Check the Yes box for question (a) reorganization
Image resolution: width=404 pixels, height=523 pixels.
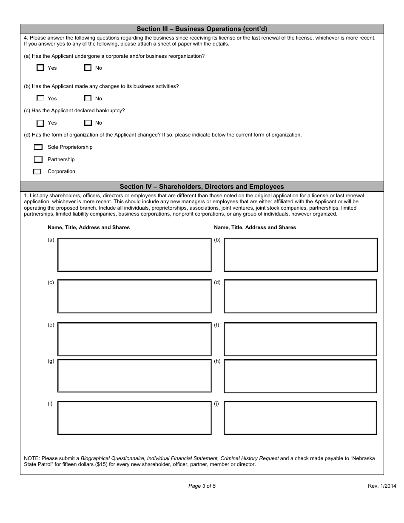pos(40,68)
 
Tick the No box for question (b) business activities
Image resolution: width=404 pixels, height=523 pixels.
pos(88,98)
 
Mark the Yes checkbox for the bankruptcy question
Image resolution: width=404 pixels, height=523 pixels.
pos(40,123)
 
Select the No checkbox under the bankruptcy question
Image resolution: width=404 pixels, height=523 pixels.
pos(88,123)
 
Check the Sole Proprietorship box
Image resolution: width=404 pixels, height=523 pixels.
pos(38,147)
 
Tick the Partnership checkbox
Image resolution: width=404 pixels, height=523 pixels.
pos(38,159)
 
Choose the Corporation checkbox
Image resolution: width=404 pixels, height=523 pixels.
pos(37,172)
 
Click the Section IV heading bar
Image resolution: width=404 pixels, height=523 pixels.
pos(202,187)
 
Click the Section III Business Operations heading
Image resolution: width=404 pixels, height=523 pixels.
pos(202,29)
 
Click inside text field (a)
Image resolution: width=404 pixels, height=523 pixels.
pos(134,255)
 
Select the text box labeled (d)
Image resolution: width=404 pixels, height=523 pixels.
pos(300,296)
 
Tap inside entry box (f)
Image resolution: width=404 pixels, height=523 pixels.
pos(300,339)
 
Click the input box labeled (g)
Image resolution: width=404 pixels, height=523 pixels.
pos(134,376)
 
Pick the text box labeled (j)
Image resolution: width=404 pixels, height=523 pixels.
pos(300,418)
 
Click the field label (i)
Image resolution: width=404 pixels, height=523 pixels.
pos(50,404)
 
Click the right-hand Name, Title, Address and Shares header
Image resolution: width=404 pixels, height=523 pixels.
pos(255,227)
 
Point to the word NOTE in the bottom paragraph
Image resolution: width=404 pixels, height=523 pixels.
pos(31,458)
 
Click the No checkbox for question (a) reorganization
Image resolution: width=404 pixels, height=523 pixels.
pos(88,68)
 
